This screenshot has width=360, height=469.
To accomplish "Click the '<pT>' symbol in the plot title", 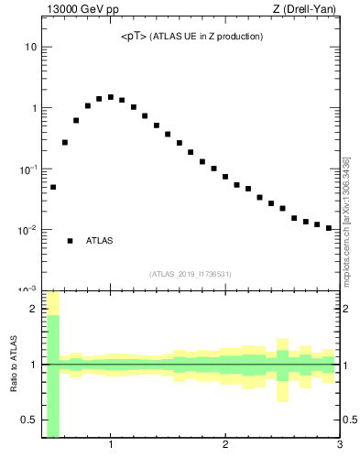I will [134, 37].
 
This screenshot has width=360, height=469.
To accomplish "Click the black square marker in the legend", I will [71, 241].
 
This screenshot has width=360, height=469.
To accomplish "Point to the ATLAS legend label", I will [99, 241].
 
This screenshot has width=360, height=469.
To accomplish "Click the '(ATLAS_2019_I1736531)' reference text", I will [191, 274].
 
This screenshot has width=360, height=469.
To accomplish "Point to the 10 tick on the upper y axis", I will [30, 47].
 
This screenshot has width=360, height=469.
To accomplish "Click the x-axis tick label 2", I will [225, 446].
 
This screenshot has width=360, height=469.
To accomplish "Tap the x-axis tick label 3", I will [339, 446].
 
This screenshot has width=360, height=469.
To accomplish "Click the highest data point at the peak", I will [110, 96].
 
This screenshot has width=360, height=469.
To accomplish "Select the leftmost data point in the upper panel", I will [53, 187].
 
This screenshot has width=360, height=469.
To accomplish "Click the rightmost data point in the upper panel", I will [328, 228].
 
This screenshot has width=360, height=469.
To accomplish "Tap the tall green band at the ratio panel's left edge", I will [53, 376].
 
